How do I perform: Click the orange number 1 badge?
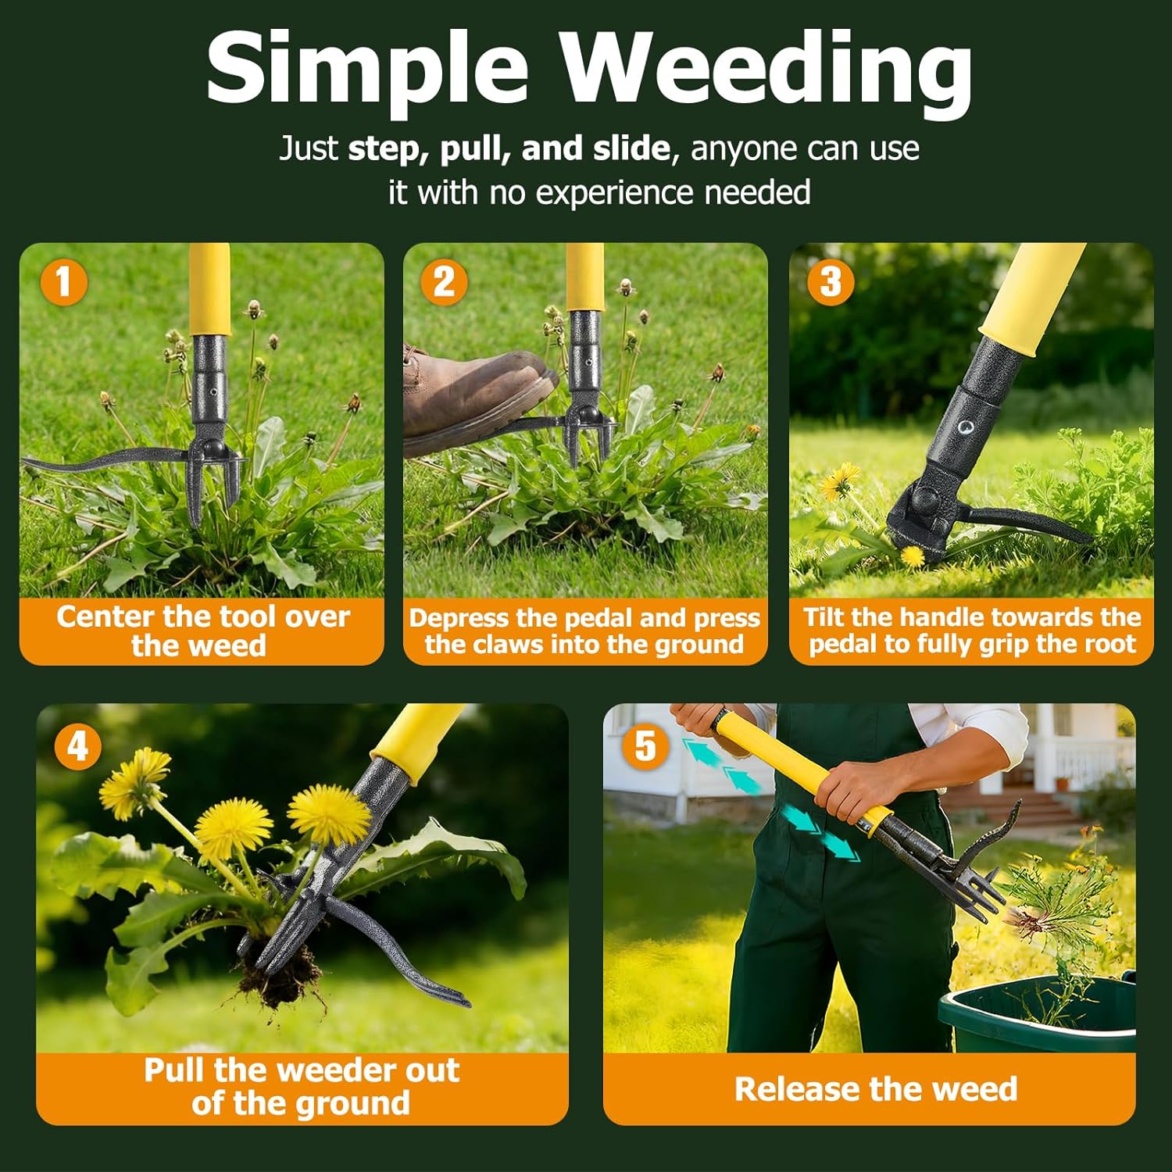pos(63,281)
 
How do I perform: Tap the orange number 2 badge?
pos(444,281)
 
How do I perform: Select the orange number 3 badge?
pos(830,281)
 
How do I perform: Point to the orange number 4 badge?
pos(77,746)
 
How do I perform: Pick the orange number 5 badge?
pos(645,746)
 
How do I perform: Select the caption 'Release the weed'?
pos(875,1088)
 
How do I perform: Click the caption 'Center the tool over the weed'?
pos(202,631)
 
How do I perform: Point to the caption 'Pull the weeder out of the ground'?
pos(301,1086)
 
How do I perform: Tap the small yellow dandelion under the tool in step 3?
pos(912,556)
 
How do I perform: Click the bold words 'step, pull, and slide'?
pos(508,148)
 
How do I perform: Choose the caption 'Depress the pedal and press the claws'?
pos(584,631)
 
